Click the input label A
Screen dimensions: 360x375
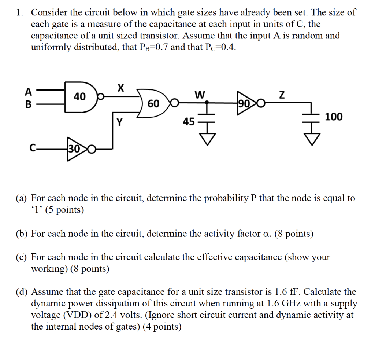click(28, 91)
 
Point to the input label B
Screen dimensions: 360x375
click(28, 104)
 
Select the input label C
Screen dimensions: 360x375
click(33, 149)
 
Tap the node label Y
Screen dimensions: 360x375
click(119, 122)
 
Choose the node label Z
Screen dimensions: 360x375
click(282, 96)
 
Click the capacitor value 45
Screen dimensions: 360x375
click(189, 121)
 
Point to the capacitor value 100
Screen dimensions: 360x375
click(334, 117)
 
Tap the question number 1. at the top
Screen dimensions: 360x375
click(20, 12)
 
